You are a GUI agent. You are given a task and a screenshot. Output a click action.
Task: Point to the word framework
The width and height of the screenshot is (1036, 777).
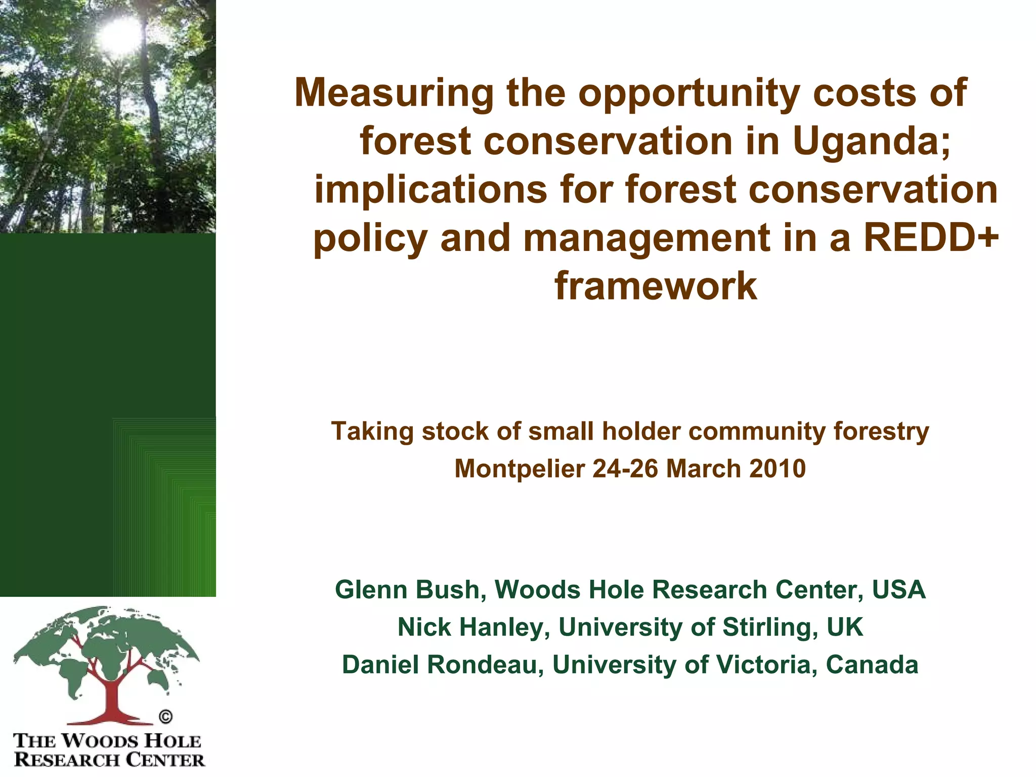(x=656, y=286)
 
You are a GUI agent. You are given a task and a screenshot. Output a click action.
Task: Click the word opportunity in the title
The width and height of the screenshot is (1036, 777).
(x=689, y=94)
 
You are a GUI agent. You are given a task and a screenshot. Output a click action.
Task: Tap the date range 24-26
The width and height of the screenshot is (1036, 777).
(x=625, y=468)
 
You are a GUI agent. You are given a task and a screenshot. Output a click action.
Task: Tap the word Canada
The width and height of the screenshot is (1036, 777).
(x=872, y=665)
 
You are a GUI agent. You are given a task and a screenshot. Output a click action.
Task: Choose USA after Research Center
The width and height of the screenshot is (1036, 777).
(x=898, y=590)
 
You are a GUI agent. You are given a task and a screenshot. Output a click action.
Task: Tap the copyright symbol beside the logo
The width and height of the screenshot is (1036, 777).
(x=165, y=717)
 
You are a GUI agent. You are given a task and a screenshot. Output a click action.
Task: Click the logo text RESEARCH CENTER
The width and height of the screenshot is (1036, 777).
(x=109, y=760)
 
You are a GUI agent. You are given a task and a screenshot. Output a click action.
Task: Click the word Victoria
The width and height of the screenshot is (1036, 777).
(x=764, y=665)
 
